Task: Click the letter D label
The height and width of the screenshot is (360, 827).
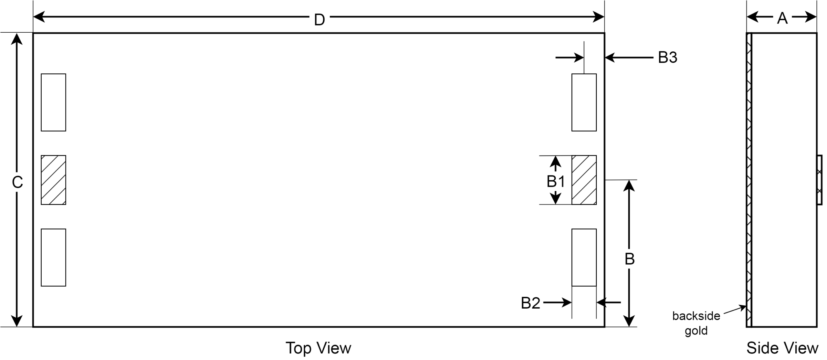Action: [319, 20]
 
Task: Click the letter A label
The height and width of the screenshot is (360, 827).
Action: [782, 18]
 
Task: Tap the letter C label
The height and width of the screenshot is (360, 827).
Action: [17, 182]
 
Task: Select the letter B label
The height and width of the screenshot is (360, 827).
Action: [629, 259]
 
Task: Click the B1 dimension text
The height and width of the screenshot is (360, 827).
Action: [556, 182]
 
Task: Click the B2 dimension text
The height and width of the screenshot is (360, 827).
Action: [530, 303]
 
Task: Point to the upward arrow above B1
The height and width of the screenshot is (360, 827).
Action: [555, 163]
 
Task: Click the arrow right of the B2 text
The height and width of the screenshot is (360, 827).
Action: [558, 303]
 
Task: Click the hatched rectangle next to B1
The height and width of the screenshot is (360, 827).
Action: [584, 180]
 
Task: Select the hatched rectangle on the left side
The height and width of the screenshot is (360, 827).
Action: [53, 180]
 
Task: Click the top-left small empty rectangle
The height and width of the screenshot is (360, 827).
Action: [53, 102]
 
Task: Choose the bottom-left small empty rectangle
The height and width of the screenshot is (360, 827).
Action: [53, 258]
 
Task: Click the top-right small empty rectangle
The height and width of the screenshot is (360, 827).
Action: [584, 102]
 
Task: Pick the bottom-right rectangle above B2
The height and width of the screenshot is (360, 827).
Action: [584, 258]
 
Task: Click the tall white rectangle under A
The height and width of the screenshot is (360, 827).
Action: [784, 180]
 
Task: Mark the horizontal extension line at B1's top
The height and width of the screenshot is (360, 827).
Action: [549, 156]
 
